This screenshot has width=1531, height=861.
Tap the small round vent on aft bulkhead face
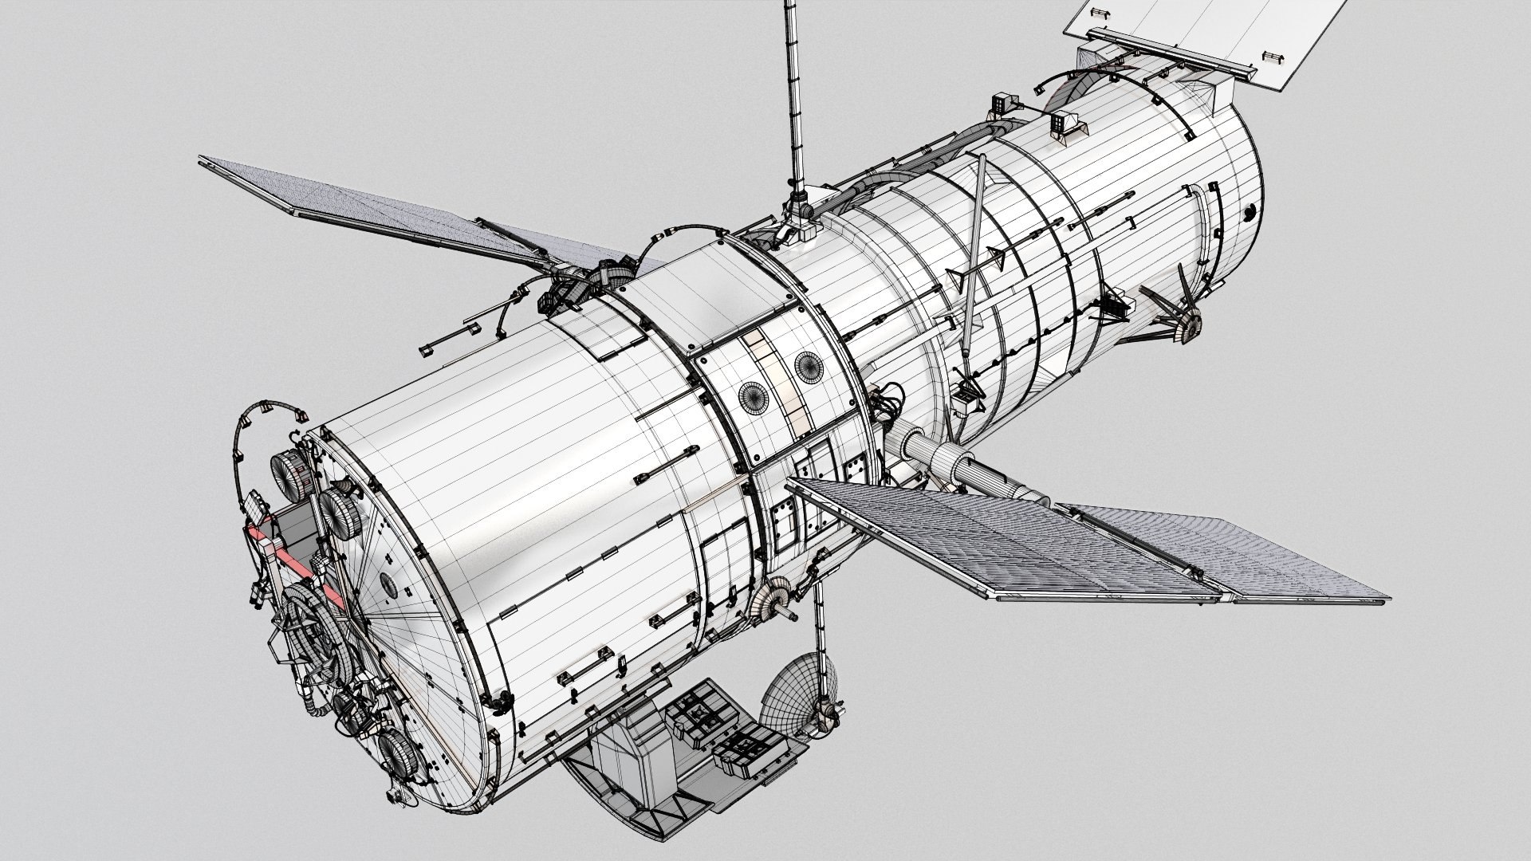tap(388, 584)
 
